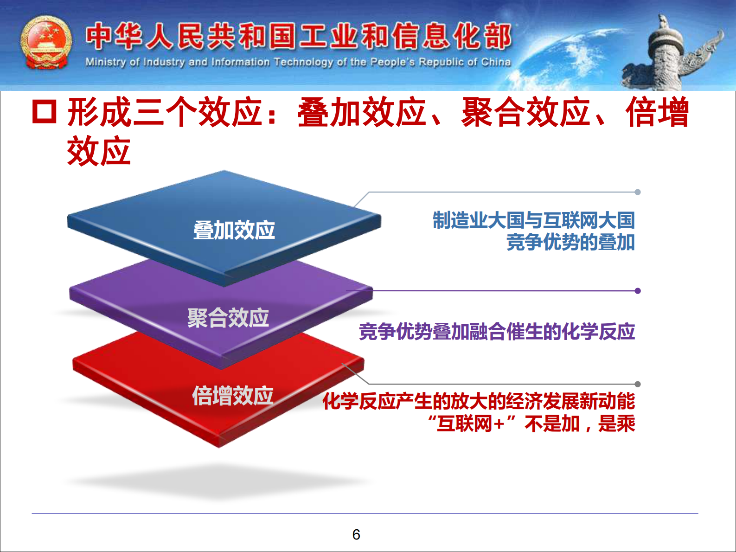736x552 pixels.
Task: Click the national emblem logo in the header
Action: pos(46,43)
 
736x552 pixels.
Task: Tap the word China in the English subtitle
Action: pos(496,62)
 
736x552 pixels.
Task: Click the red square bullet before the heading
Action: pos(45,112)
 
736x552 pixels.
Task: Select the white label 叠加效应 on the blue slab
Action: pos(234,230)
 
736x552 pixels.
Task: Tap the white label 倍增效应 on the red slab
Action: pos(233,396)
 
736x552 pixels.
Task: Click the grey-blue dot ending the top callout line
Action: pos(638,192)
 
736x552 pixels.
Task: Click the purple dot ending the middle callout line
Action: pos(638,291)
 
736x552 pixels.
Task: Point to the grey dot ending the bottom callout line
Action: pos(638,384)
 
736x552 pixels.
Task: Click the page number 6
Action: pos(356,535)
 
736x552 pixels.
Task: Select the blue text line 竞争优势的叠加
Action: pos(570,243)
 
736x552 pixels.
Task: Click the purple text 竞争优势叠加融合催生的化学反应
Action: pos(497,332)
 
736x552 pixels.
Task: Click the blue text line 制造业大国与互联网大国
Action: pos(533,220)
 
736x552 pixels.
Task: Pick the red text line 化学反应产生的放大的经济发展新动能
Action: pos(479,401)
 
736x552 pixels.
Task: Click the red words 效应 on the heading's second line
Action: pos(99,151)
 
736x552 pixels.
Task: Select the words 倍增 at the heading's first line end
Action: pos(657,112)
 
